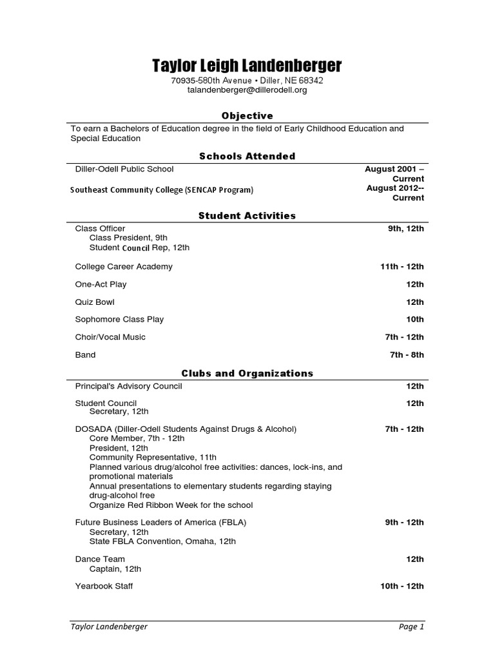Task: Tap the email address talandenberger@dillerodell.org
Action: click(247, 90)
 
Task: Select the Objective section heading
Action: click(247, 116)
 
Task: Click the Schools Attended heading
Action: click(247, 156)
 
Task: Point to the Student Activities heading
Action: click(247, 216)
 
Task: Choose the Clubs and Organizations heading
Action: click(247, 373)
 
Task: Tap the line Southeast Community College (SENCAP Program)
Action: click(162, 189)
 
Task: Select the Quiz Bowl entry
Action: click(95, 302)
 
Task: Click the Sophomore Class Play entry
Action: click(119, 319)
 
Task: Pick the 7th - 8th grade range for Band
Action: click(407, 354)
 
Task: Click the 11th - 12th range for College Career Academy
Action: click(402, 266)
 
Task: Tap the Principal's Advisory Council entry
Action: click(128, 386)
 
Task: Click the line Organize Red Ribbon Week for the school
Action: click(171, 505)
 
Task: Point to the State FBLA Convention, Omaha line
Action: click(162, 541)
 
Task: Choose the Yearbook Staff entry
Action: click(104, 586)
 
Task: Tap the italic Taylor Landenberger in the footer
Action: click(109, 626)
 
